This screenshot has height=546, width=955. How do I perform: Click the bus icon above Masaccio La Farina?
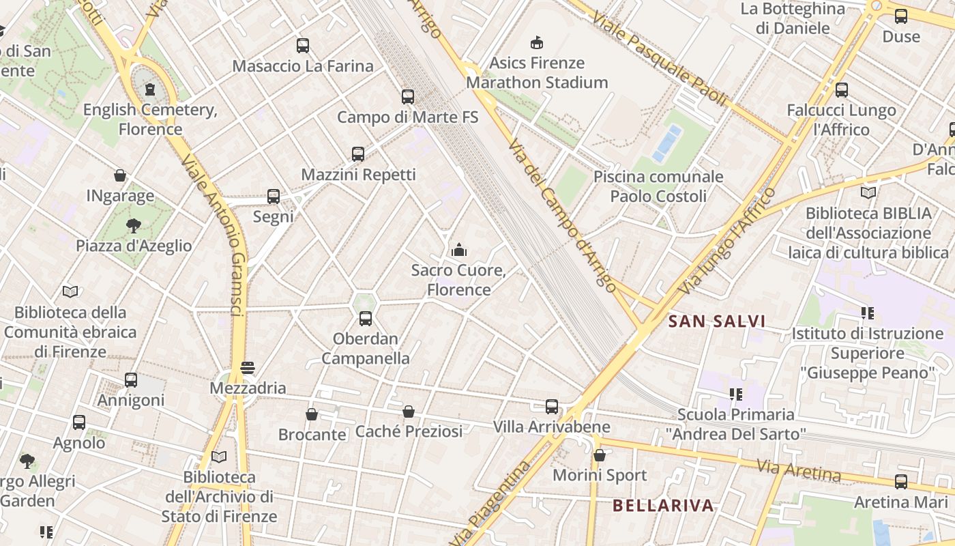[x=303, y=46]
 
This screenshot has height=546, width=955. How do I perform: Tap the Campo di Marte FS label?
[x=408, y=117]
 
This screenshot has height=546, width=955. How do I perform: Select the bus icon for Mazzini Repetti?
[x=358, y=154]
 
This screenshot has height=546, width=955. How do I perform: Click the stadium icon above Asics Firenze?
[x=537, y=42]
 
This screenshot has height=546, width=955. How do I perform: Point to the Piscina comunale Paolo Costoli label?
[x=658, y=186]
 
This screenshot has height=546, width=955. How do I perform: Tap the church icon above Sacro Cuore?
[x=459, y=250]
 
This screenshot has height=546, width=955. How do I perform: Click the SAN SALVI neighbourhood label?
[x=717, y=321]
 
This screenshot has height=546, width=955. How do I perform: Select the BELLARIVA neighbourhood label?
[x=663, y=506]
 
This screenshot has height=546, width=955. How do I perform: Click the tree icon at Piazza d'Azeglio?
[x=134, y=225]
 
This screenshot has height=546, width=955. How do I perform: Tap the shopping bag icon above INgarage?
[x=120, y=175]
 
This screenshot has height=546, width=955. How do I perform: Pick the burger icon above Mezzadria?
[x=248, y=368]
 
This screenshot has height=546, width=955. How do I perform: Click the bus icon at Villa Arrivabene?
[x=552, y=407]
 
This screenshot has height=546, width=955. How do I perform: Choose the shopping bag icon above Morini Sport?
[x=600, y=455]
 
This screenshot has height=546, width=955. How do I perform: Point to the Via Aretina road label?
[x=798, y=470]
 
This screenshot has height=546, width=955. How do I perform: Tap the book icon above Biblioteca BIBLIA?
[x=868, y=193]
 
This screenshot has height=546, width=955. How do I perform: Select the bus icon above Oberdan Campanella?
[x=366, y=318]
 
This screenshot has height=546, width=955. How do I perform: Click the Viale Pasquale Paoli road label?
[x=659, y=58]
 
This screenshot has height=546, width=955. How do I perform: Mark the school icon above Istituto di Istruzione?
[x=868, y=313]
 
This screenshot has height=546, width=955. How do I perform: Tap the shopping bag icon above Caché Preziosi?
[x=409, y=412]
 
